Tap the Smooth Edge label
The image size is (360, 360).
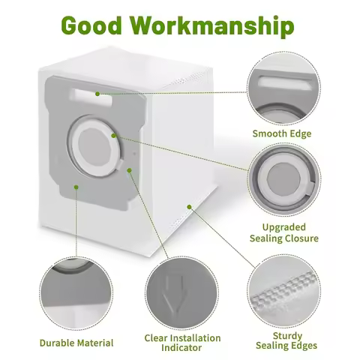281,134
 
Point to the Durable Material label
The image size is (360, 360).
76,343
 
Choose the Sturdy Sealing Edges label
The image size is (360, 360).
283,340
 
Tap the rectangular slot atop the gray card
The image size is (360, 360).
93,94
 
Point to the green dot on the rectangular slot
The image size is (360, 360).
97,94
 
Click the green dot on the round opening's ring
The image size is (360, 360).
113,136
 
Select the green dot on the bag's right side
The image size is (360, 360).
189,206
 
